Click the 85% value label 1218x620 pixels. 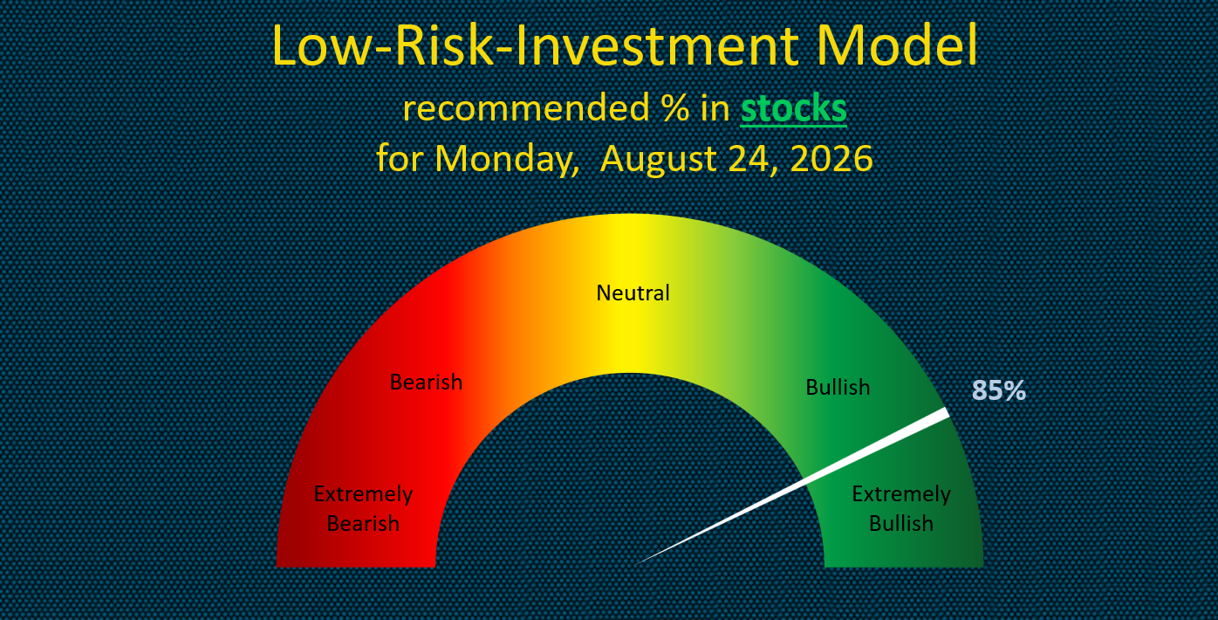(998, 390)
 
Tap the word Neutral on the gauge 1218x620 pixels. (633, 293)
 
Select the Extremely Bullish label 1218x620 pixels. (901, 508)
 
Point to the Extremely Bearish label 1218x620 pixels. (363, 508)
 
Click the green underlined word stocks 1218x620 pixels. (794, 108)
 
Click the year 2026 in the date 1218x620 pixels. (831, 158)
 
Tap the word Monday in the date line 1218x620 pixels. (506, 160)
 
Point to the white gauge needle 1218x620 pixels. (793, 486)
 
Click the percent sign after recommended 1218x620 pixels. (676, 108)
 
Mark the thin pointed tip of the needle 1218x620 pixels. (637, 563)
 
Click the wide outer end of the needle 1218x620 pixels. (947, 413)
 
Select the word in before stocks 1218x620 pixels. (715, 108)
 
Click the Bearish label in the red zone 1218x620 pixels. (427, 382)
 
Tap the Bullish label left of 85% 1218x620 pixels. (838, 388)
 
